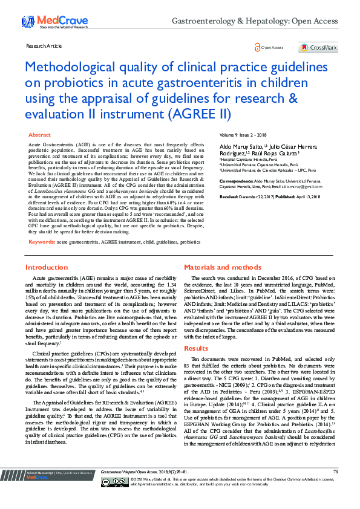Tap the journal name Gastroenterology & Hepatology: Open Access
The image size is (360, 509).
point(255,21)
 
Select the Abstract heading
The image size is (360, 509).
point(40,135)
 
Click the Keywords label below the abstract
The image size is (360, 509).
point(42,241)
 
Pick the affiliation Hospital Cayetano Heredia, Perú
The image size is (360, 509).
point(247,159)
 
